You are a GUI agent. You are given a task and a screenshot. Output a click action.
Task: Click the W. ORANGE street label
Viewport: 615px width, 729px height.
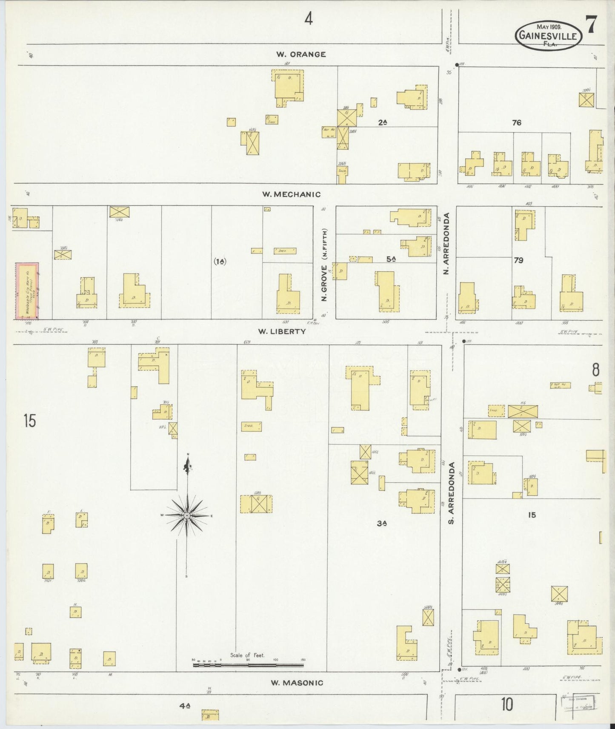[301, 54]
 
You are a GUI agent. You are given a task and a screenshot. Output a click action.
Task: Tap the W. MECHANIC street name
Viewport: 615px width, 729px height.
[291, 194]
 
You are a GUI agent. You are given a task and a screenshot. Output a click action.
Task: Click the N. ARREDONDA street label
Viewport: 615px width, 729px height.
[447, 243]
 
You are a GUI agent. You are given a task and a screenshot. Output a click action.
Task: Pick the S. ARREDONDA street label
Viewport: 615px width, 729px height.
[453, 493]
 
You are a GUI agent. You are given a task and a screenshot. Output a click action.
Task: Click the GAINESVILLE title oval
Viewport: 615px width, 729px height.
[549, 36]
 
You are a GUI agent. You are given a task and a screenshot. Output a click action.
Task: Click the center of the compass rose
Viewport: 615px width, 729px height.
[187, 515]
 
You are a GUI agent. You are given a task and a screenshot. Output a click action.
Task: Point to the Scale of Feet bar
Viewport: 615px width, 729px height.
[248, 676]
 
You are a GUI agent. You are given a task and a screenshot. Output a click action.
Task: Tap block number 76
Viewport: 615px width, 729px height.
[517, 123]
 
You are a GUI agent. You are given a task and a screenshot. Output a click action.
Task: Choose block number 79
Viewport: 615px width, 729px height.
[518, 260]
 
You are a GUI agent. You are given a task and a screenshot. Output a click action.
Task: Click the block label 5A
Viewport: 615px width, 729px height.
[391, 258]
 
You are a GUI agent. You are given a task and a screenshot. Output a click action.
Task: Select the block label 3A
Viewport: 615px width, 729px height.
[381, 524]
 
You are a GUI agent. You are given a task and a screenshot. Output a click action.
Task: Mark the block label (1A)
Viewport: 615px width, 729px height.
[220, 262]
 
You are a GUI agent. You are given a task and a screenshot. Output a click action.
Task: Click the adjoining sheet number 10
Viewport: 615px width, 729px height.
[506, 705]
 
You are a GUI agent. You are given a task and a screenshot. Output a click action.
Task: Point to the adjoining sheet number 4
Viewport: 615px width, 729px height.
[309, 19]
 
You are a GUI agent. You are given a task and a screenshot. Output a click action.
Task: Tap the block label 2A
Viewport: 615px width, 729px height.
[383, 122]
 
